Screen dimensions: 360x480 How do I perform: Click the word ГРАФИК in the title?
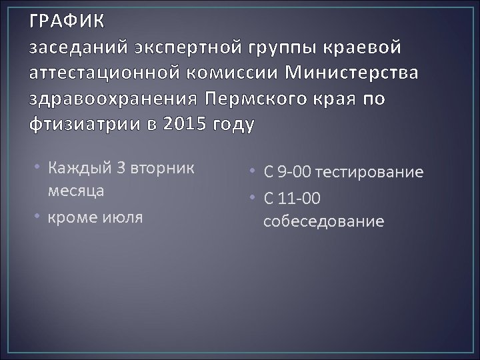67,22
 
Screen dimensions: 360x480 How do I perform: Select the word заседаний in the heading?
80,49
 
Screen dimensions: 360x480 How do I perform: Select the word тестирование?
370,173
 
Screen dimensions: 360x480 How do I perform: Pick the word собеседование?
323,221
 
